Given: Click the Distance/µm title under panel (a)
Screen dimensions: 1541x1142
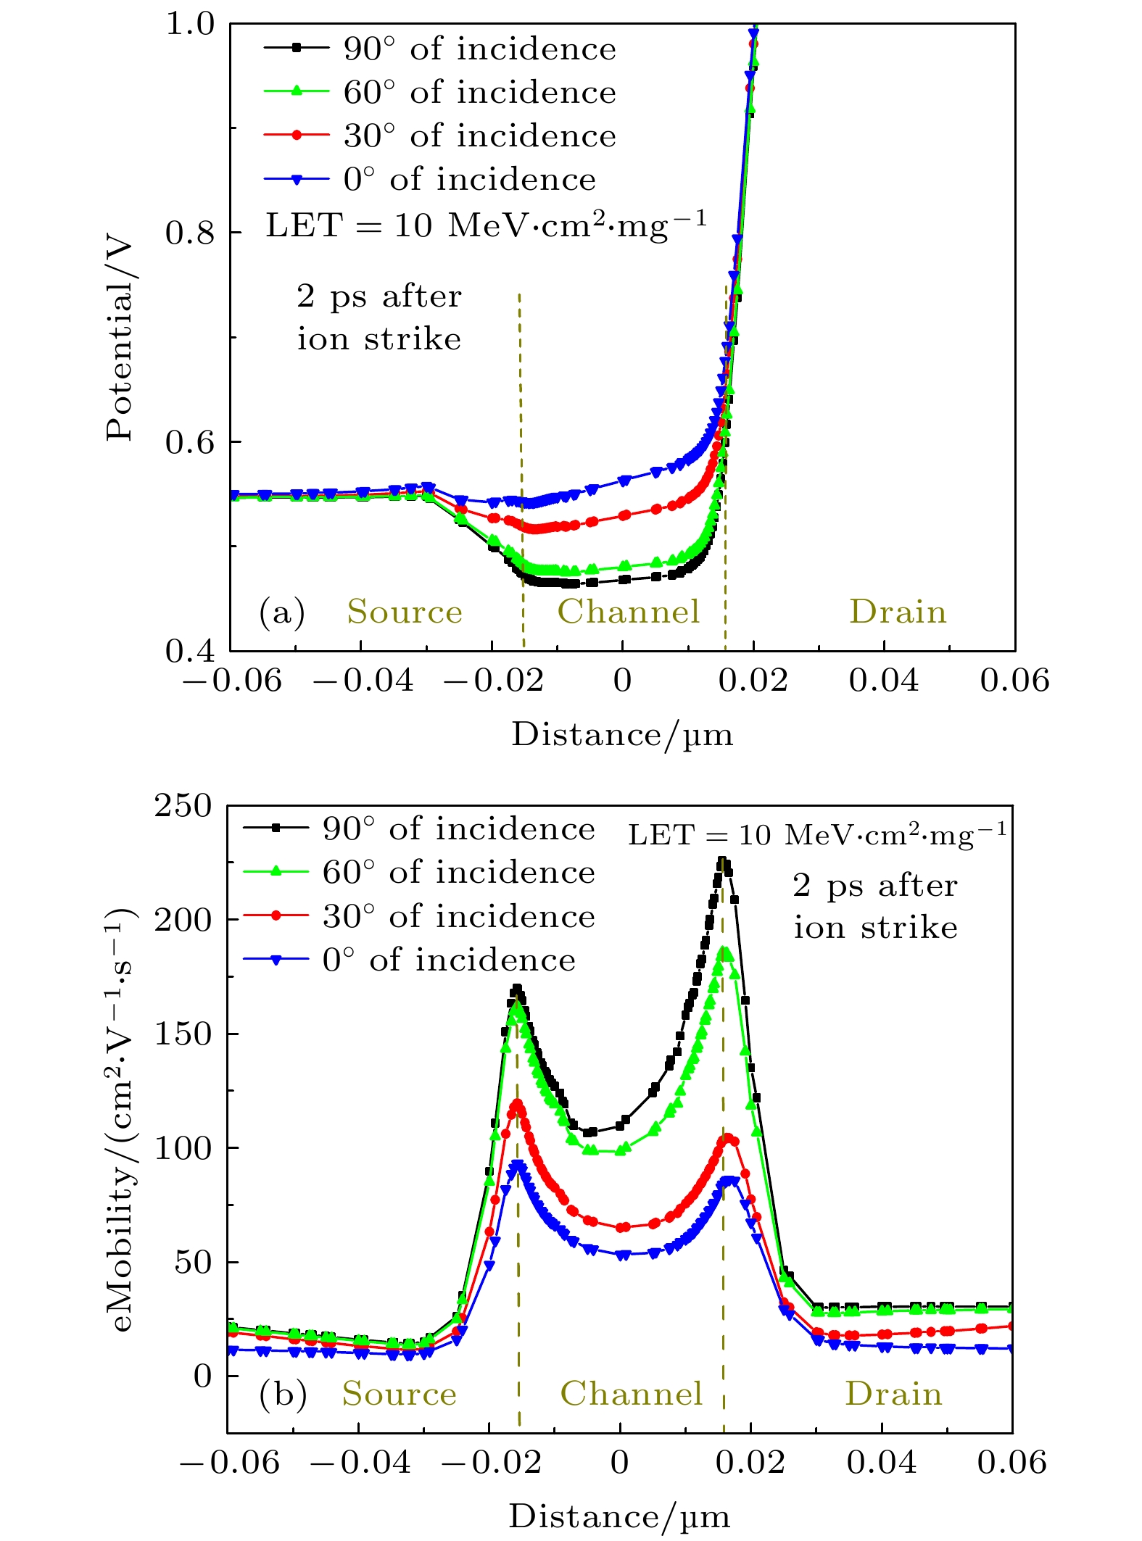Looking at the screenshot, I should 622,735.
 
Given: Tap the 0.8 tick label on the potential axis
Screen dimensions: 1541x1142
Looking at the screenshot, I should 191,233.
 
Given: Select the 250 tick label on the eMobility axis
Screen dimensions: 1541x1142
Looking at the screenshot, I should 183,805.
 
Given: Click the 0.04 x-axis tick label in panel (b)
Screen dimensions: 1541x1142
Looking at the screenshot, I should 882,1462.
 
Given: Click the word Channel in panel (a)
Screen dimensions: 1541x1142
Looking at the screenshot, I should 629,612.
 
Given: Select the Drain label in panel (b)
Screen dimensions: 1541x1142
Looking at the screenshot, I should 893,1394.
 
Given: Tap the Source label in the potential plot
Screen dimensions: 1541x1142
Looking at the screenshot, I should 405,612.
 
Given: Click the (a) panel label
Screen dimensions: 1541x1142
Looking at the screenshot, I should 282,612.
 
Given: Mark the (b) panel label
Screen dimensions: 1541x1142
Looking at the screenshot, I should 283,1395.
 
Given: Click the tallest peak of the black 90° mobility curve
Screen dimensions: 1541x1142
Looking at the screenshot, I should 722,862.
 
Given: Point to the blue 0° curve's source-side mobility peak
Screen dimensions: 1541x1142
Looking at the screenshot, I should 517,1165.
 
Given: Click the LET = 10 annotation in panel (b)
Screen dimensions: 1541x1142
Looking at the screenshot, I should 817,835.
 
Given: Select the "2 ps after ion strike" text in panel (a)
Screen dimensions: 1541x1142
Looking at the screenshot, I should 378,317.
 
